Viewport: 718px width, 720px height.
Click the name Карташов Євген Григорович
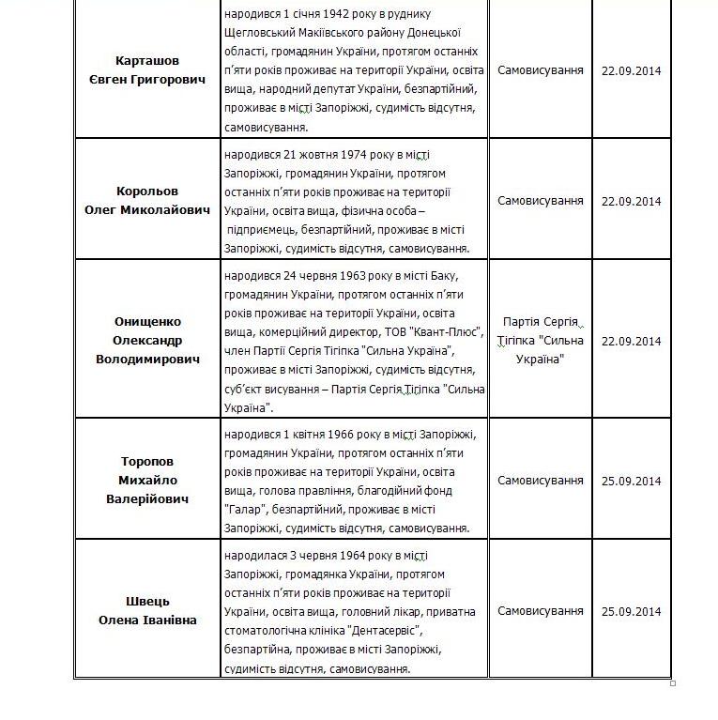147,70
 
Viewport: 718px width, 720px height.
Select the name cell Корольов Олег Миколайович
147,201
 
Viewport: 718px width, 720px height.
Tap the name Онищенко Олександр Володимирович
147,340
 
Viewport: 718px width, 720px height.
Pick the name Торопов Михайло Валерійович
147,480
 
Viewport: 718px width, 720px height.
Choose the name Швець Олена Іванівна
147,610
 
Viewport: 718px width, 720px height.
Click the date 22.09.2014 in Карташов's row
631,70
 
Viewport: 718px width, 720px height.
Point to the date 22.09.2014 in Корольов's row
631,201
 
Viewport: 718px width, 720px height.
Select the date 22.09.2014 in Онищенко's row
631,341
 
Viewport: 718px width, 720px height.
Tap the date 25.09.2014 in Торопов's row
631,481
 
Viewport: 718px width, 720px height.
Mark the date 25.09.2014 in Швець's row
631,611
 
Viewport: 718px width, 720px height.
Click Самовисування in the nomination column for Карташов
540,70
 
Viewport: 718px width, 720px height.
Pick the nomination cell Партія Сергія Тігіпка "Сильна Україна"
540,341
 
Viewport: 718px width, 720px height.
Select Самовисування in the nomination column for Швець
540,611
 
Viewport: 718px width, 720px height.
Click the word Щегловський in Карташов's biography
257,33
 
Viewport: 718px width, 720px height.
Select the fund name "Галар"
243,509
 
